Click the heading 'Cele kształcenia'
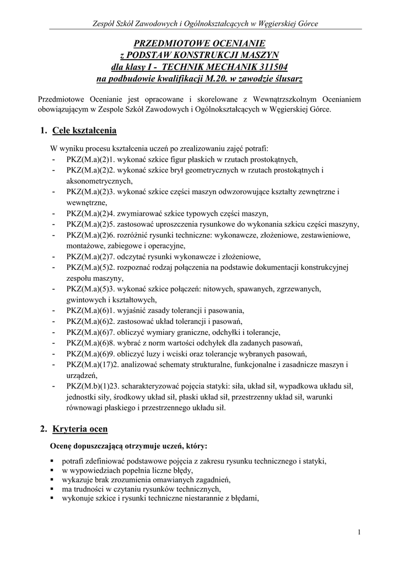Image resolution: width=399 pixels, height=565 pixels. point(84,131)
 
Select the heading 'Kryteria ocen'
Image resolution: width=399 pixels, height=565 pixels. point(80,429)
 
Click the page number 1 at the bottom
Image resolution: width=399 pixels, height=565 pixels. point(358,532)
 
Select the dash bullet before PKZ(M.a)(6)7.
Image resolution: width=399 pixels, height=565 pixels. point(53,332)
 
